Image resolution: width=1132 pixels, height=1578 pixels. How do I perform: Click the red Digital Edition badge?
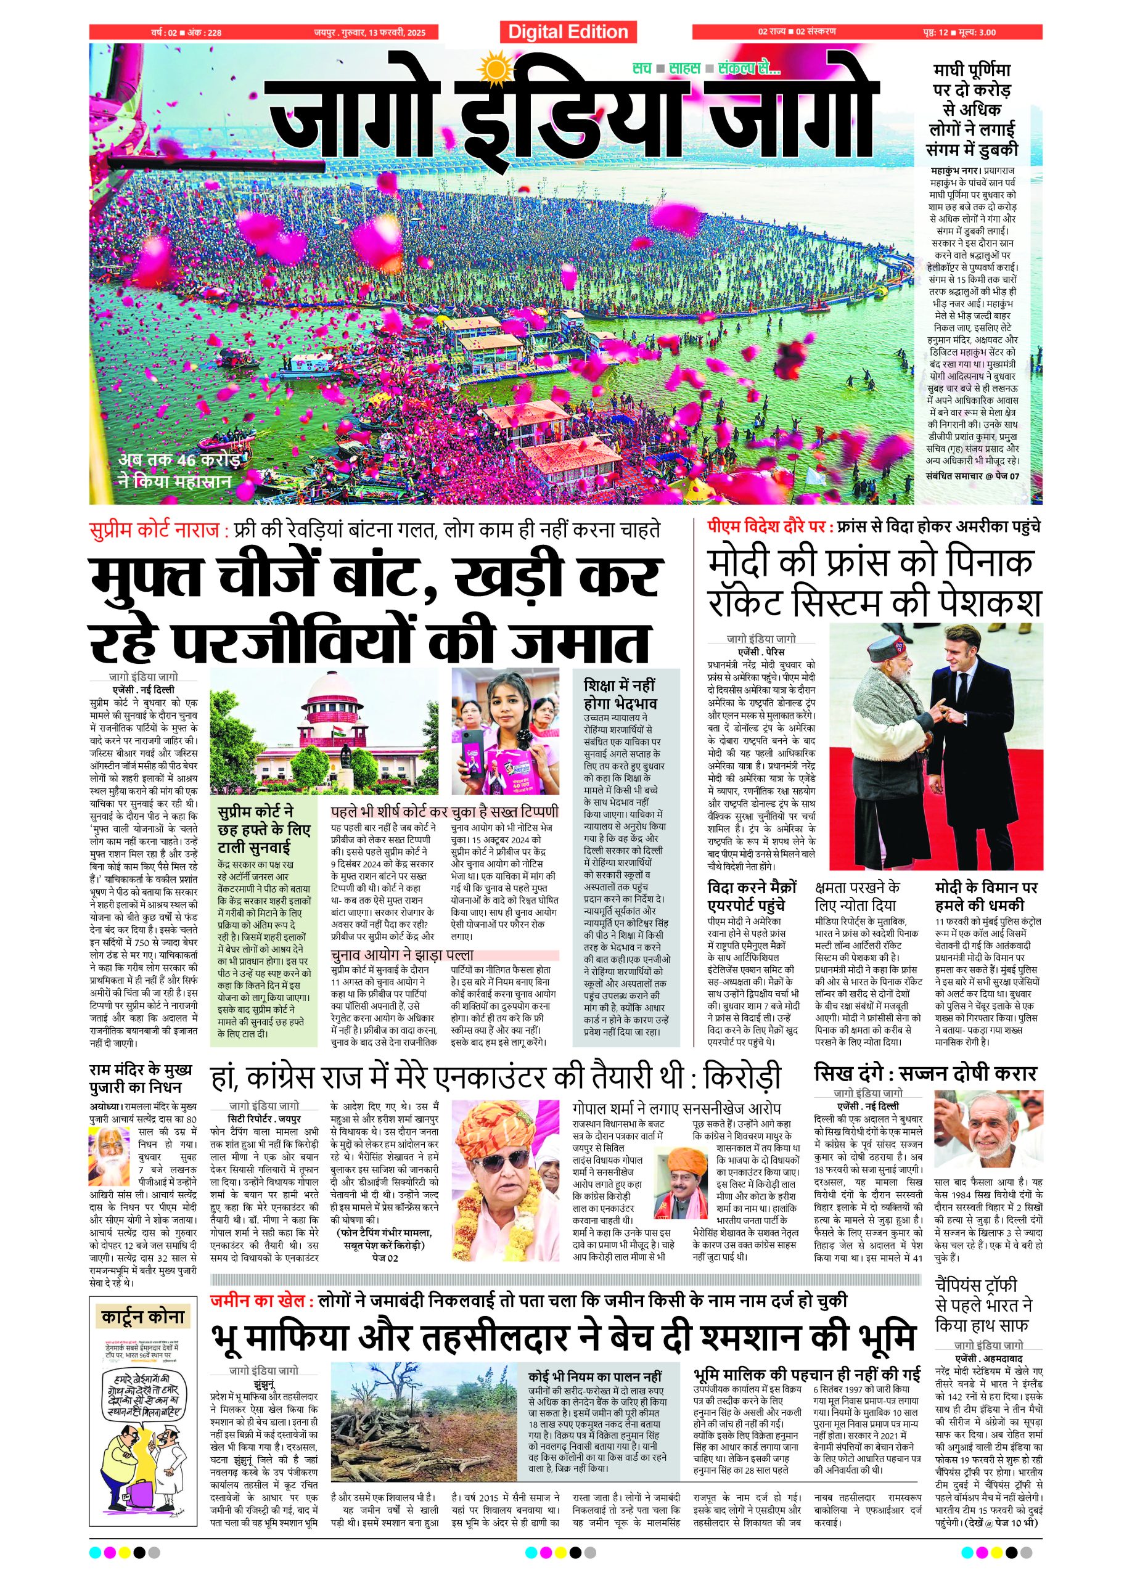tap(567, 32)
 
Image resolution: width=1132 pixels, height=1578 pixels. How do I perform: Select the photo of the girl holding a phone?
tap(505, 730)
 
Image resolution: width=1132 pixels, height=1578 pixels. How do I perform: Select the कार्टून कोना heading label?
tap(142, 1317)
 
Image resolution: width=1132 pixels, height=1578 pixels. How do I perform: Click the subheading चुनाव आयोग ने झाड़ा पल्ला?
tap(402, 955)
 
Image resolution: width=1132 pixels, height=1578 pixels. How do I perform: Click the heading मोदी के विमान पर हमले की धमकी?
tap(986, 896)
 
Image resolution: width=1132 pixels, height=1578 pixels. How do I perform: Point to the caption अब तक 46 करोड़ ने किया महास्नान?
tap(178, 470)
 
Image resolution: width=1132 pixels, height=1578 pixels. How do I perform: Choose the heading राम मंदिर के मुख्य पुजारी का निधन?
tap(141, 1077)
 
